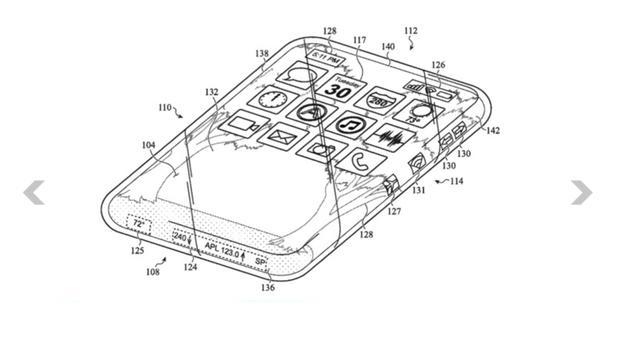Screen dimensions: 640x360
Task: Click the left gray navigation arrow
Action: [34, 192]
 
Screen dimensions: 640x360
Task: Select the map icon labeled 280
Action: [378, 100]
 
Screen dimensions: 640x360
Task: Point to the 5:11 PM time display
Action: [328, 59]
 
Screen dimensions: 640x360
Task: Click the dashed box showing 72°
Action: [140, 223]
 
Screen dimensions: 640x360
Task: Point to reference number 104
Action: [148, 146]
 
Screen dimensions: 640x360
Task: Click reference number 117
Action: [358, 41]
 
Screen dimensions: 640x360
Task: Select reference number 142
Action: [492, 130]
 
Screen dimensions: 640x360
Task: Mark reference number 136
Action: [266, 289]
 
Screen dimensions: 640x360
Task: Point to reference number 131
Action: [418, 189]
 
